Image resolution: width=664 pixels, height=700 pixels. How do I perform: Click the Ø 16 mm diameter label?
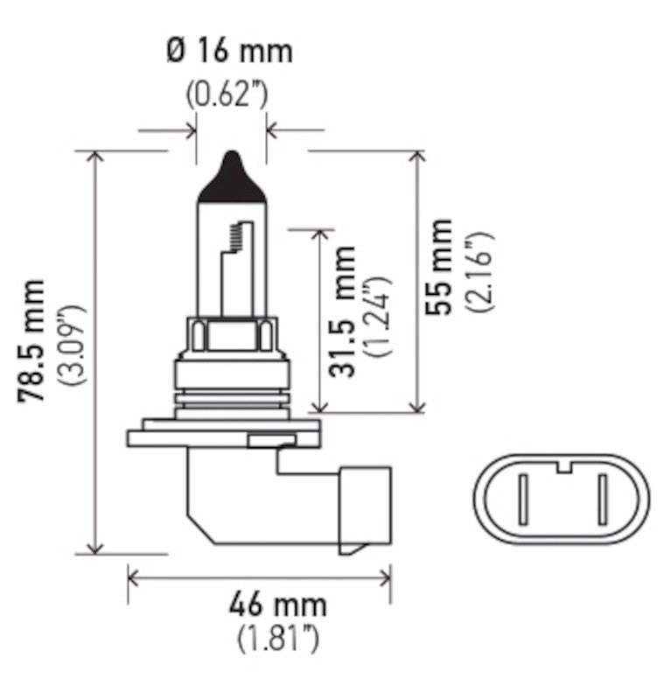click(x=228, y=51)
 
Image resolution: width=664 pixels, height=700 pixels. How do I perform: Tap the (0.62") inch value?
click(x=228, y=93)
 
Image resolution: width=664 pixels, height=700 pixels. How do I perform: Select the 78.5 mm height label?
click(x=33, y=341)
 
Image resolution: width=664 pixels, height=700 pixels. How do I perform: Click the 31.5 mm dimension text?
click(x=344, y=311)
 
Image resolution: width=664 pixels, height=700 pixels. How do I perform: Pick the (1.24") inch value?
click(x=378, y=315)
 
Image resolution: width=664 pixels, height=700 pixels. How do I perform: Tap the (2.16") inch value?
click(x=479, y=271)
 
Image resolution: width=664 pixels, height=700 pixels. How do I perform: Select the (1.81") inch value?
click(x=277, y=639)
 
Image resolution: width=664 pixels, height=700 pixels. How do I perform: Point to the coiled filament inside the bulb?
click(x=234, y=235)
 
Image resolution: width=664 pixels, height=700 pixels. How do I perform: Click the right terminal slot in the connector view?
click(x=603, y=498)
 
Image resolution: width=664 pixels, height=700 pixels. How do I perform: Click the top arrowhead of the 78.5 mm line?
click(x=95, y=157)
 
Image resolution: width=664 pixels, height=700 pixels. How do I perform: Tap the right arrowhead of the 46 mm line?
click(x=384, y=575)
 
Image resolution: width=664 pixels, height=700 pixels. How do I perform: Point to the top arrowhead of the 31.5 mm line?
click(x=322, y=237)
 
